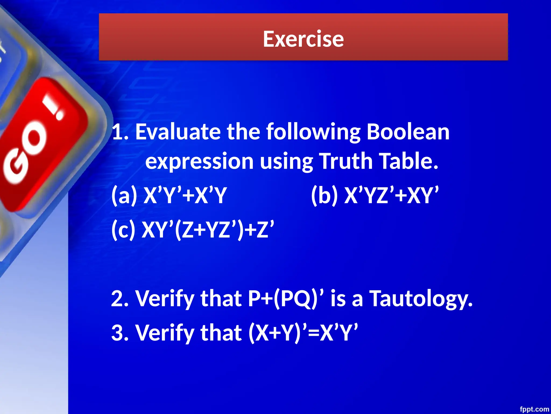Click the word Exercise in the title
[x=303, y=39]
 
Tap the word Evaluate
[x=178, y=132]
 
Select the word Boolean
[x=408, y=132]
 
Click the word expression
[x=199, y=161]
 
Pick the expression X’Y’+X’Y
[x=185, y=195]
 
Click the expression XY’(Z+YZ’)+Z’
[x=208, y=230]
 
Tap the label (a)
[x=124, y=195]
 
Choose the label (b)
[x=324, y=195]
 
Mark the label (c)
[x=123, y=230]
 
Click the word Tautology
[x=421, y=299]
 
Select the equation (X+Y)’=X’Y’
[x=303, y=333]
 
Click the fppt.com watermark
[x=534, y=409]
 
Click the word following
[x=313, y=132]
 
